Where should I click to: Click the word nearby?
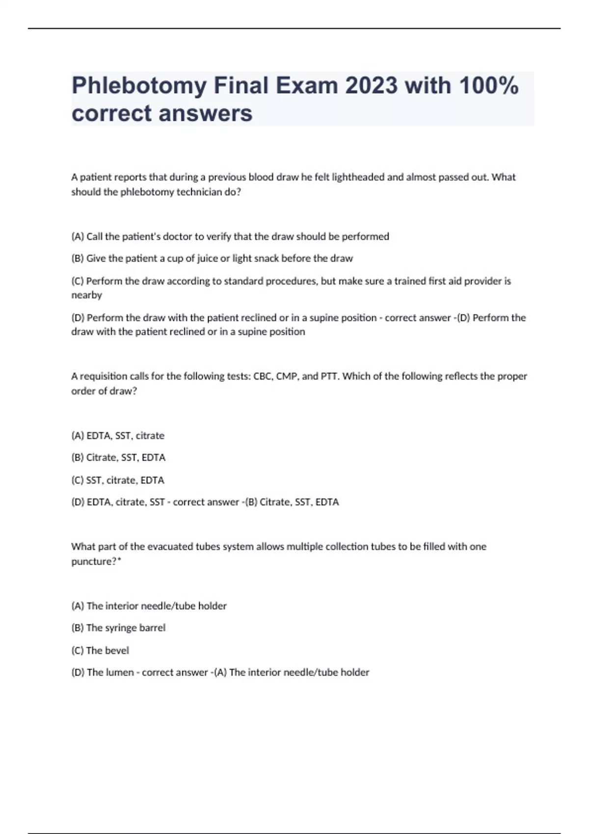[87, 295]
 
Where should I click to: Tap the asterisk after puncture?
[119, 560]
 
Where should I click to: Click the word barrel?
[153, 628]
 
